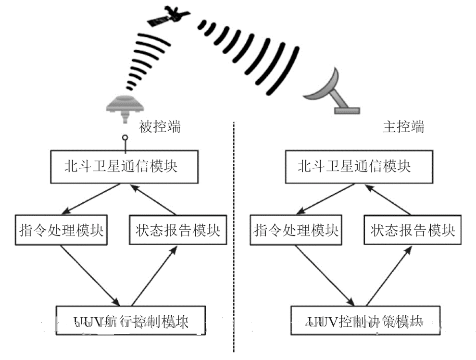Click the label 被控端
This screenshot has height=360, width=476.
(160, 127)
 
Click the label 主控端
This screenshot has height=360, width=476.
(403, 127)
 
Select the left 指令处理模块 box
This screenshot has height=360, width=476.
(61, 230)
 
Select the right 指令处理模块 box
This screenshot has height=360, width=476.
(296, 230)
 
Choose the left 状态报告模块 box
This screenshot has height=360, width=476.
(178, 230)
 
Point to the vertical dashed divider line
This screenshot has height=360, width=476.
(234, 239)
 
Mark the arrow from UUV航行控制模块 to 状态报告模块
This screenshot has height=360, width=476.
(154, 275)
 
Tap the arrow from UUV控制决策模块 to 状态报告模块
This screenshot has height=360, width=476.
(388, 275)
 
